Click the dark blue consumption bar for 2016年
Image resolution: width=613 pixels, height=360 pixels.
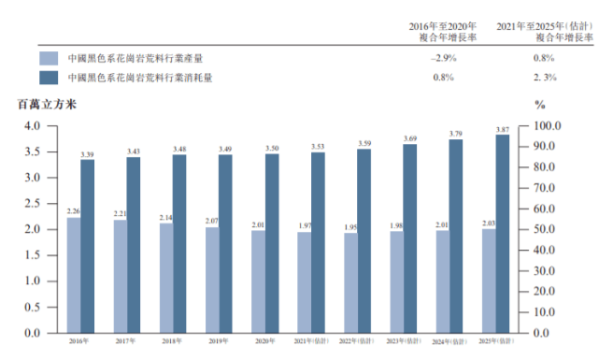coord(87,246)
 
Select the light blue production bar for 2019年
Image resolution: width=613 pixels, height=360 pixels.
coord(212,280)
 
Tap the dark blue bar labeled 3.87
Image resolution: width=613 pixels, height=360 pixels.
coord(502,234)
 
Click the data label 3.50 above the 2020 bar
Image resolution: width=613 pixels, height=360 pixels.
coord(271,149)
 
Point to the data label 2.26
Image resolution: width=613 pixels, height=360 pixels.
coord(74,212)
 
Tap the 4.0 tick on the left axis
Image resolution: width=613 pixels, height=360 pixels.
coord(32,126)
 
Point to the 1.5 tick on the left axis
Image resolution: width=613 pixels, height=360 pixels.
coord(32,255)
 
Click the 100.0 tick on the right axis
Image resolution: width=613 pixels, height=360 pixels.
coord(547,126)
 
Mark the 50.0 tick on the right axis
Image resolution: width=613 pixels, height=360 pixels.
coord(545,229)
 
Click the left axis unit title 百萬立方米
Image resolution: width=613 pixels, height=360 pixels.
coord(43,104)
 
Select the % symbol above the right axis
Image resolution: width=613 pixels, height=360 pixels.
coord(539,104)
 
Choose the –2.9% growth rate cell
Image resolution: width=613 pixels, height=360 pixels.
coord(442,58)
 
